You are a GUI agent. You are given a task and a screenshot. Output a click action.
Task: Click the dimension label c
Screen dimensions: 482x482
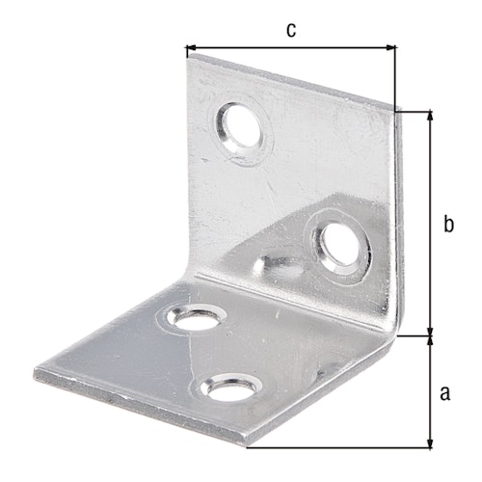[290, 29]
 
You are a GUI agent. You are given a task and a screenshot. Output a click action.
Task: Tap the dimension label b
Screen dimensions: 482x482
[447, 224]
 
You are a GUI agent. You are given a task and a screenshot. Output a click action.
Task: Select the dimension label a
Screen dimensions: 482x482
[444, 392]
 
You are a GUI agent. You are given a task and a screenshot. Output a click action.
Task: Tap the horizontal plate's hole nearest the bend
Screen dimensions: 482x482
[196, 318]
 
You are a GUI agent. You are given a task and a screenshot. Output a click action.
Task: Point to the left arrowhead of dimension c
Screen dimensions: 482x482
[190, 45]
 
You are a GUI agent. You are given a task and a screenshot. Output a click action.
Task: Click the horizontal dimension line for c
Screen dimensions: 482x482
[290, 45]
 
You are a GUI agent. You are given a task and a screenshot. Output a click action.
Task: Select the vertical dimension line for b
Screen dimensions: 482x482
[429, 224]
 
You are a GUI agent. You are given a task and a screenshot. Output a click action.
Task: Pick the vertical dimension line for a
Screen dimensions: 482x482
[429, 392]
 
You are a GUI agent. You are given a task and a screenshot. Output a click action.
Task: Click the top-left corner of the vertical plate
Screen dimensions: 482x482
[186, 56]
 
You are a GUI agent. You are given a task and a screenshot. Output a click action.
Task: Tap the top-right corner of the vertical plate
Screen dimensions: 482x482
[397, 108]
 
